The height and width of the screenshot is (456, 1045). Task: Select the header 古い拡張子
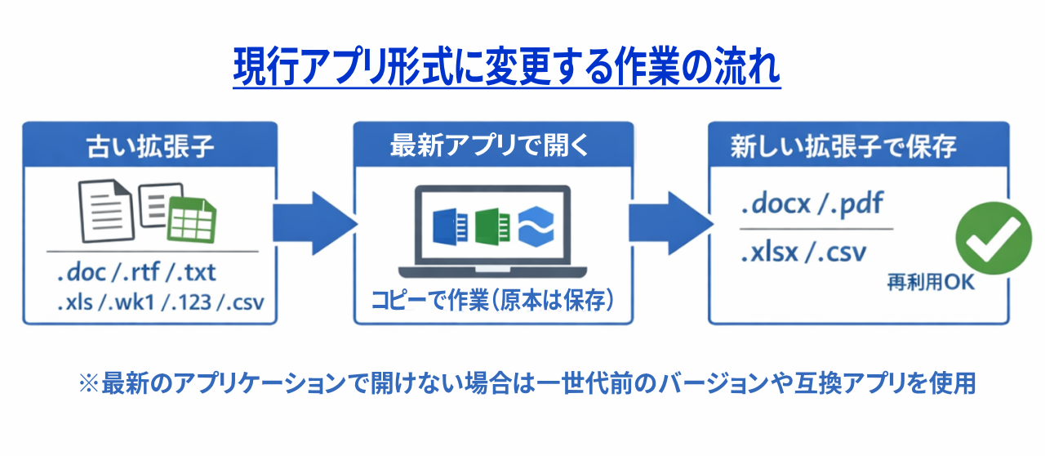(150, 146)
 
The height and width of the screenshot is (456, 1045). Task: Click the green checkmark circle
(994, 234)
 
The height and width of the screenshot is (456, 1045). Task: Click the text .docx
(776, 203)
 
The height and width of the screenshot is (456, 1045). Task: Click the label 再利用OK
(931, 283)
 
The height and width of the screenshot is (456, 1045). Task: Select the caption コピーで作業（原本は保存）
(492, 300)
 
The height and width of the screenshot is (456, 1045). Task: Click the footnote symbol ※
(87, 382)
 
